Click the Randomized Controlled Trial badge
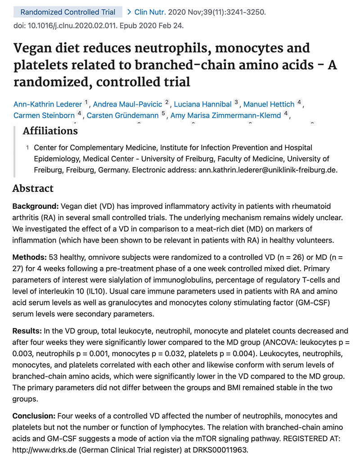pos(68,12)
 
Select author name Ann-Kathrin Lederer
pos(47,104)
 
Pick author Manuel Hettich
pos(269,104)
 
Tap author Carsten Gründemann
pos(122,116)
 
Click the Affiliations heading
pos(50,131)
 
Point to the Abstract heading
pos(33,188)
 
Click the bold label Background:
pos(36,206)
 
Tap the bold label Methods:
pos(29,257)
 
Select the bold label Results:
pos(27,331)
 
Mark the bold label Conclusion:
pos(33,416)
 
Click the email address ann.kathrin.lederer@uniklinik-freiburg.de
pos(266,170)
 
